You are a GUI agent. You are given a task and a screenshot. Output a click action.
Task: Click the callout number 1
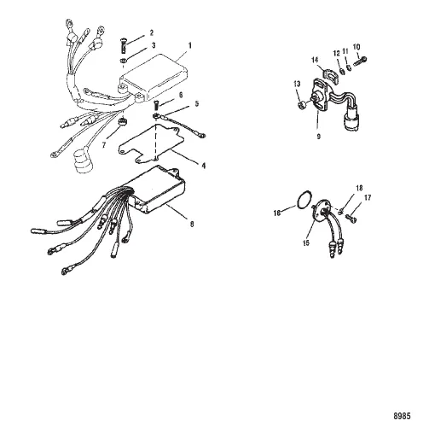point(190,46)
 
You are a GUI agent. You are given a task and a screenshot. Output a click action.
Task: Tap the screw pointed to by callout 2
point(123,45)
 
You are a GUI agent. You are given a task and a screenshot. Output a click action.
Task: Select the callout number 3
point(154,45)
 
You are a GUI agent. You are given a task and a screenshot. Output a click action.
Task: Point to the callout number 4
point(204,166)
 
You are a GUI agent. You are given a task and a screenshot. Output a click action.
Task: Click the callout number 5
point(197,103)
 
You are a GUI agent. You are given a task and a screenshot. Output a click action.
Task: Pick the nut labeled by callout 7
point(123,121)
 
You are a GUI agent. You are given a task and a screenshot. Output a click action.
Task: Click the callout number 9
point(319,137)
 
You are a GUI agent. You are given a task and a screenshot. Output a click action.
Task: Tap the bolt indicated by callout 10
point(360,61)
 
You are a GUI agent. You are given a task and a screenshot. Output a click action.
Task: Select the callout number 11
point(345,51)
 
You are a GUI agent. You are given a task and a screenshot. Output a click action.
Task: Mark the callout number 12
point(337,53)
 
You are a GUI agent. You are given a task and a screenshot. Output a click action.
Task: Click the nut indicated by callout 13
point(302,105)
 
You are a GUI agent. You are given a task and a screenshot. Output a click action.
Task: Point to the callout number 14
point(315,60)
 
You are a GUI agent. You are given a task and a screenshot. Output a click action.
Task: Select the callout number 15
point(306,243)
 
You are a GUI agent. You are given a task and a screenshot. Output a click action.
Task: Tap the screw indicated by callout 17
point(351,219)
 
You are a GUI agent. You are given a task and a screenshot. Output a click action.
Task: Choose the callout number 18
point(360,188)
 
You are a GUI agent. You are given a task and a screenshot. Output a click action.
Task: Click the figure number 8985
point(402,416)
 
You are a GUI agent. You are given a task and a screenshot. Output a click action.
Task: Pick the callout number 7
point(104,145)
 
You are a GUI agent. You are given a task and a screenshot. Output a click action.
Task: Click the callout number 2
point(152,32)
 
